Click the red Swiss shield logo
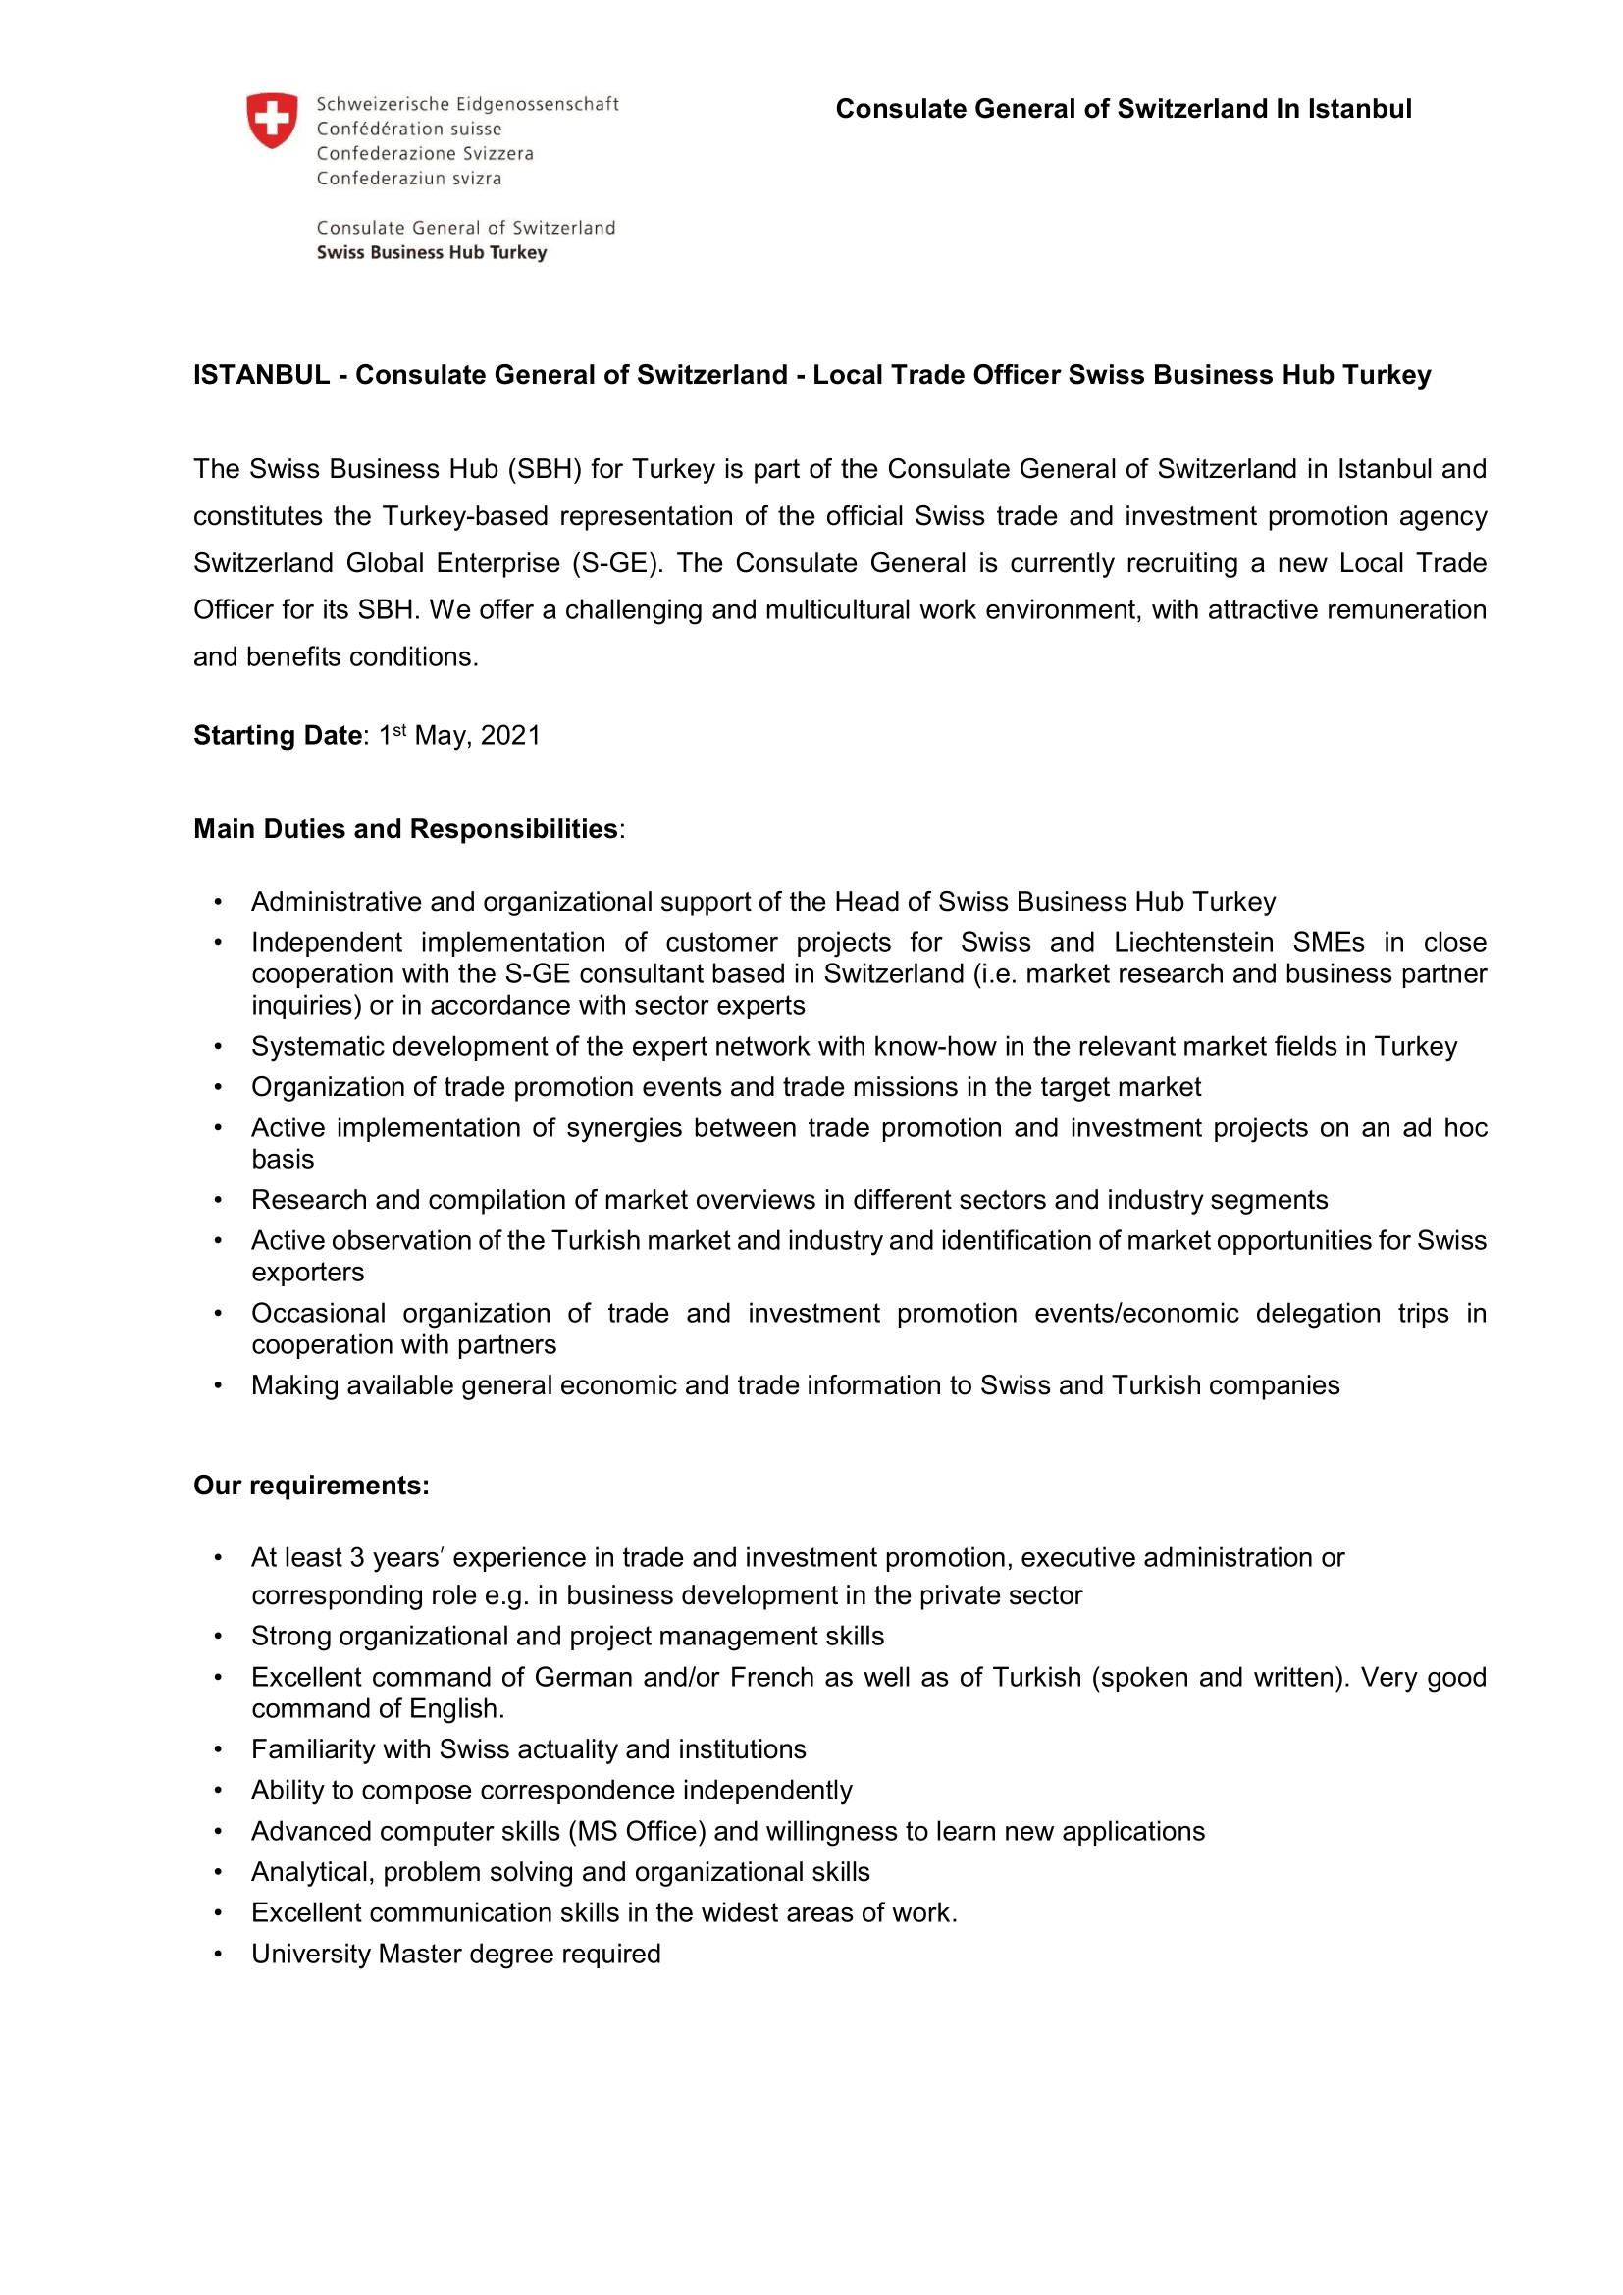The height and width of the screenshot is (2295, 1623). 272,121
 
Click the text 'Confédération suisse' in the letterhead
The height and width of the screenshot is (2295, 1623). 409,129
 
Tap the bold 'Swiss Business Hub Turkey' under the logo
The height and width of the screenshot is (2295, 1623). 432,253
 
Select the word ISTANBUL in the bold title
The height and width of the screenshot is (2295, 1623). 262,375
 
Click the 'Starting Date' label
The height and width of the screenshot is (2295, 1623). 278,736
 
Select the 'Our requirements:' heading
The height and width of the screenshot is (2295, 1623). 312,1486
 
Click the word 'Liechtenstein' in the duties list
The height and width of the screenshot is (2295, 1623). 1194,943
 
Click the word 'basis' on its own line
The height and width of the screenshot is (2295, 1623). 283,1160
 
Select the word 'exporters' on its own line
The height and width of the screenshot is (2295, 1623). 308,1273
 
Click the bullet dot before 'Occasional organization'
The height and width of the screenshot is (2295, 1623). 218,1314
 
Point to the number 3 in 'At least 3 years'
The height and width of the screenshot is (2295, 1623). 357,1558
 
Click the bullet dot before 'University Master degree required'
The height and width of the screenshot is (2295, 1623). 218,1955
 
